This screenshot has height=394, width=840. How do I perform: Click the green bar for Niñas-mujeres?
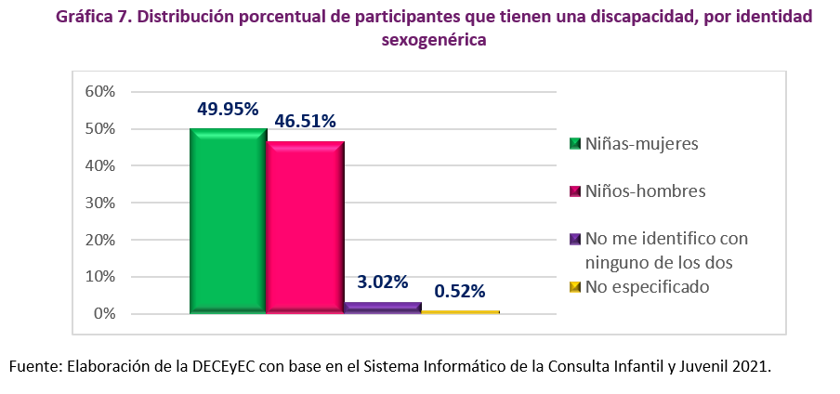228,221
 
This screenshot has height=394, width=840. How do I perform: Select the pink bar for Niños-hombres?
306,228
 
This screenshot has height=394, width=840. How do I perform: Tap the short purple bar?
382,308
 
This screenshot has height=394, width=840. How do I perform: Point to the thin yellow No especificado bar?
460,312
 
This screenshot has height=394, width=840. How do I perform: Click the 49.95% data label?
228,109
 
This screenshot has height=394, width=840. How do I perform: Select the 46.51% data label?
305,121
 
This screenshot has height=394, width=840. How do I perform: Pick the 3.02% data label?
383,282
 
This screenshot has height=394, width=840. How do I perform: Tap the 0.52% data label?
460,291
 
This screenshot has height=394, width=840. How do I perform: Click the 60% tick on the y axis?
99,91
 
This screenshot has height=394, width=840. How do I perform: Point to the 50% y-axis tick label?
99,128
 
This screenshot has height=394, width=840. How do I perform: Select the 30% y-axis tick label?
99,203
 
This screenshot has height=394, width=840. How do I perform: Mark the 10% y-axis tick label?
99,277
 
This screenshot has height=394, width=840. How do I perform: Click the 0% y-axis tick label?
103,314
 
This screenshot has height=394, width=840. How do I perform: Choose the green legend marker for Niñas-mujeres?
575,144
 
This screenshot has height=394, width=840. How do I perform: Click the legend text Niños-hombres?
645,190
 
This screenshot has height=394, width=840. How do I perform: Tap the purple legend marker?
575,239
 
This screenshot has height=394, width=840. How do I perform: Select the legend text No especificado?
647,286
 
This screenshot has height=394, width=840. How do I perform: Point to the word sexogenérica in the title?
434,40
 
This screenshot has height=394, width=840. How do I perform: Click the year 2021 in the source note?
751,366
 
